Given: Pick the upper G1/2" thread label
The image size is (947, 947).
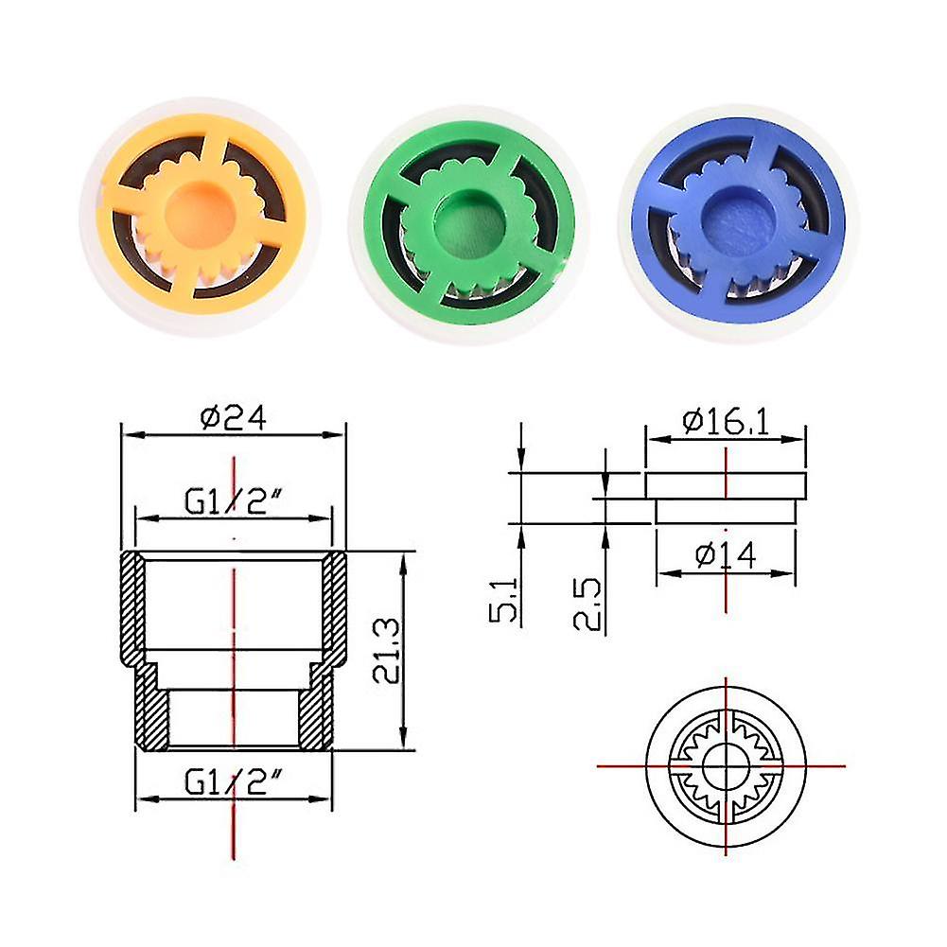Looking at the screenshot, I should pos(233,500).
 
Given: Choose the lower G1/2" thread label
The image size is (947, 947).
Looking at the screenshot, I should pos(233,782).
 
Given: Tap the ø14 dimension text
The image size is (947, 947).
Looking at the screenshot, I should pos(726,555).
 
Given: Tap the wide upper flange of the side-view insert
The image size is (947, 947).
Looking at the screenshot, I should pos(726,485).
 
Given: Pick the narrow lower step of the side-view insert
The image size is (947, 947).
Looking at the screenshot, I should pos(726,511).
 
